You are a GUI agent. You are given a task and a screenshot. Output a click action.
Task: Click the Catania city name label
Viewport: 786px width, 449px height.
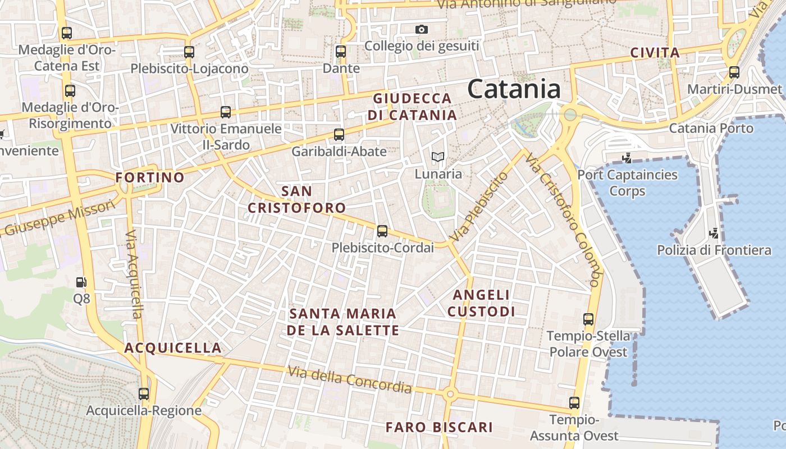pos(514,89)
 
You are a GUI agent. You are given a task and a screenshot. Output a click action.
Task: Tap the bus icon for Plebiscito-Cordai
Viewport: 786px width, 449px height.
pos(382,231)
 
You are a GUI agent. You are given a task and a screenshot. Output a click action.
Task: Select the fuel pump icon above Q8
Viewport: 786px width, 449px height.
pos(81,282)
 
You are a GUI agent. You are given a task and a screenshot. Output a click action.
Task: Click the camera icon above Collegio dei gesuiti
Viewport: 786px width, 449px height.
pos(422,29)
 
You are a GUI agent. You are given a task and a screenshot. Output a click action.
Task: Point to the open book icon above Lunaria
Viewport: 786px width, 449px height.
pos(438,157)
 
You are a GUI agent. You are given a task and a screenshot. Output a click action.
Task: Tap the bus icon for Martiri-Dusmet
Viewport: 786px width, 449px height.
pos(734,72)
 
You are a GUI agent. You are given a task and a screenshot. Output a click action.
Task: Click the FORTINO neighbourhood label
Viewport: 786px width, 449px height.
pos(150,177)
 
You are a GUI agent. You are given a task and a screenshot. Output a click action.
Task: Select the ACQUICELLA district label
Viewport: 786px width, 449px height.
pos(173,347)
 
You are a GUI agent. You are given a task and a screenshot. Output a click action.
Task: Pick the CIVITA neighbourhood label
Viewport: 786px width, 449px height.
pos(655,53)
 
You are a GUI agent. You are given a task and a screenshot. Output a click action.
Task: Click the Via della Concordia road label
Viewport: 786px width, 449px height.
pos(350,379)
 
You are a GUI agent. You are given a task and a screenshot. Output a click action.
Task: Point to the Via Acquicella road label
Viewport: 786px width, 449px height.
pos(134,274)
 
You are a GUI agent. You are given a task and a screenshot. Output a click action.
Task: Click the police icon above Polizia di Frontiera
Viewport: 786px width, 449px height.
pos(714,232)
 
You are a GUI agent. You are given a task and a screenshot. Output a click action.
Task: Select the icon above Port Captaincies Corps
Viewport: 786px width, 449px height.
pos(627,158)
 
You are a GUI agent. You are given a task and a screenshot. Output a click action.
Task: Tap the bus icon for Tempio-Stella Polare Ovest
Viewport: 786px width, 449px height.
pos(588,319)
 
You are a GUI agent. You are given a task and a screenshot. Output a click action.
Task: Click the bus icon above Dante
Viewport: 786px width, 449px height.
pos(341,52)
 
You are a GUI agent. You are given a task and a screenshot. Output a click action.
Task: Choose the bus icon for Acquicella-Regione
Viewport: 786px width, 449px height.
pos(144,393)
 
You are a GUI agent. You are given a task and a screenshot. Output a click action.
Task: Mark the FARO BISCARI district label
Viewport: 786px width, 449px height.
pos(439,427)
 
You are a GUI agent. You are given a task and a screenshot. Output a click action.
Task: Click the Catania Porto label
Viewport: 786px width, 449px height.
pos(711,128)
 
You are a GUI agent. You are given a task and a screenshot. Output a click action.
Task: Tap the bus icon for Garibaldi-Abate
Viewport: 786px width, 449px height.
pos(339,135)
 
